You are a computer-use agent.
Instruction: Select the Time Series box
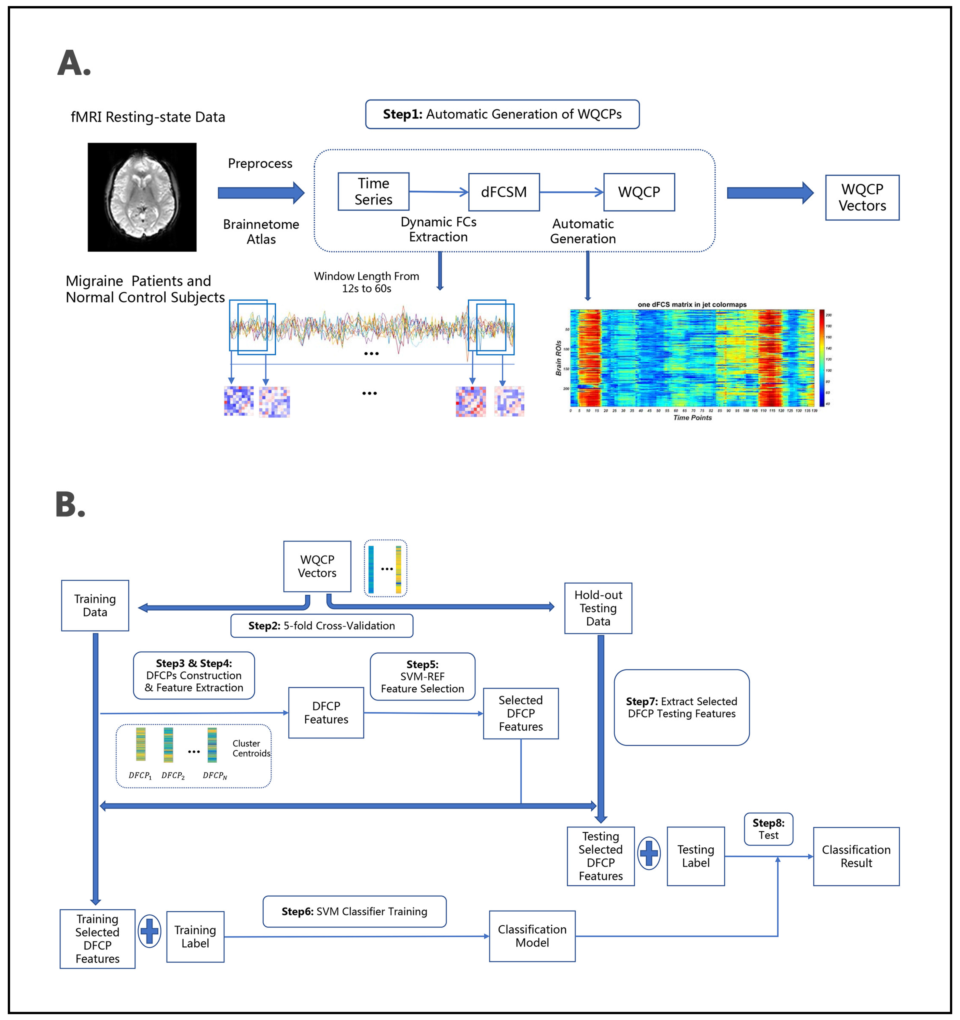tap(373, 191)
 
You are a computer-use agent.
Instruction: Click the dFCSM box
tap(504, 192)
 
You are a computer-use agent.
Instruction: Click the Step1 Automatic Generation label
tap(502, 114)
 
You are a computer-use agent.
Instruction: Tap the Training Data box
tap(95, 606)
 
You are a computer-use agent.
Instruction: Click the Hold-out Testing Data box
tap(598, 608)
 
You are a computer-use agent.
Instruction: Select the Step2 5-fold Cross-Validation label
tap(322, 625)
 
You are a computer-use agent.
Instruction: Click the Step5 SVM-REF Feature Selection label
tap(422, 676)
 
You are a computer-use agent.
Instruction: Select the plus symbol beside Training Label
tap(149, 931)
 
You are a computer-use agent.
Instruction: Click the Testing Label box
tap(695, 856)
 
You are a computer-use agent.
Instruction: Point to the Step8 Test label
tap(768, 829)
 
